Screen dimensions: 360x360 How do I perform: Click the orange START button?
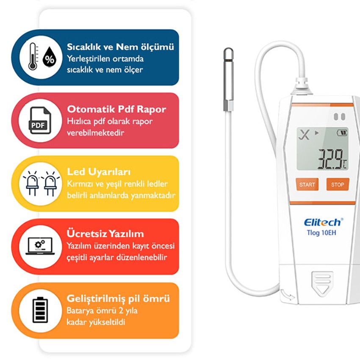(307, 184)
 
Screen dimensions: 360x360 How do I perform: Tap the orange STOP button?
(338, 184)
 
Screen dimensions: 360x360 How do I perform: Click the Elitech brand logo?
(323, 222)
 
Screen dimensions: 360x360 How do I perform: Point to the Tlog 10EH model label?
(321, 233)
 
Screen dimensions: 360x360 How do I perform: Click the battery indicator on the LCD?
(342, 133)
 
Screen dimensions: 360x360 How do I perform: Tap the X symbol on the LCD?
(304, 135)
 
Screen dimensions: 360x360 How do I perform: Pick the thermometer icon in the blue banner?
(33, 57)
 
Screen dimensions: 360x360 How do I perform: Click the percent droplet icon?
(50, 57)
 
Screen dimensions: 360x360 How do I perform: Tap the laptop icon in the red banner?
(40, 246)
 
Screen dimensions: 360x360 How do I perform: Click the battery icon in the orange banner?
(40, 310)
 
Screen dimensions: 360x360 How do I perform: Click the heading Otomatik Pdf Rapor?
(116, 109)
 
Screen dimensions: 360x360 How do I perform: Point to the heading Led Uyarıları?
(99, 172)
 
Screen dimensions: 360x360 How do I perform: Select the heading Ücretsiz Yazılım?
(105, 234)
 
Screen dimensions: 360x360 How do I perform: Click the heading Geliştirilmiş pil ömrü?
(118, 299)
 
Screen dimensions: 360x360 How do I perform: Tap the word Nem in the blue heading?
(125, 47)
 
